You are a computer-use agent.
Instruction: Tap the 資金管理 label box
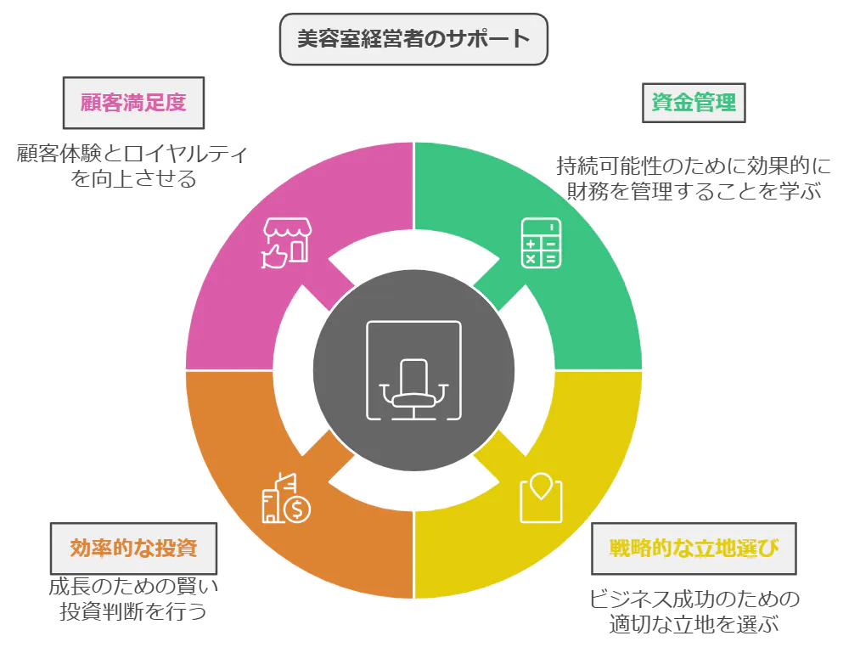point(693,104)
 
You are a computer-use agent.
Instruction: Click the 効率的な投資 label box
point(134,547)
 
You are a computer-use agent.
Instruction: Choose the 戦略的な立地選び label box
point(694,547)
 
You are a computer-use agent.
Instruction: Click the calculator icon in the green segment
point(541,243)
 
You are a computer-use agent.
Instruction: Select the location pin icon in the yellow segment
point(541,498)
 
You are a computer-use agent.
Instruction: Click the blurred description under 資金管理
point(692,179)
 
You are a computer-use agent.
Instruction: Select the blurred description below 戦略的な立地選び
point(694,611)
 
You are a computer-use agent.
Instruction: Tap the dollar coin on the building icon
point(298,509)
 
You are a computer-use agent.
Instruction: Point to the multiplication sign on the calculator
point(531,259)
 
